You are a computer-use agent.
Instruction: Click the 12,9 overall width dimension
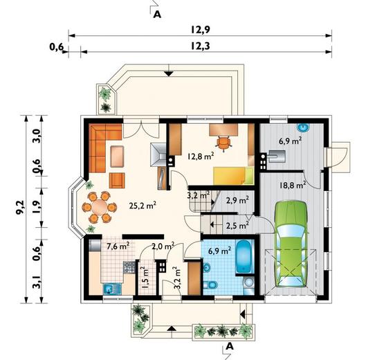click(x=200, y=30)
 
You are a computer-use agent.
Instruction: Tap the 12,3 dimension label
click(x=200, y=46)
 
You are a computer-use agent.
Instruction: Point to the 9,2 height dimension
click(x=19, y=207)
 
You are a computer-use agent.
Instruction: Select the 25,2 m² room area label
click(x=143, y=206)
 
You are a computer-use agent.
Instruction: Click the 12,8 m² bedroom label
click(x=201, y=156)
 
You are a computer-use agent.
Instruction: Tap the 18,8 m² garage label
click(x=293, y=185)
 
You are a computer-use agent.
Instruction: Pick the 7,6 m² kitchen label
click(x=118, y=246)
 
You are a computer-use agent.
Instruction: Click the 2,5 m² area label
click(x=237, y=226)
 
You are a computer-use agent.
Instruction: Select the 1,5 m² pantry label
click(x=145, y=278)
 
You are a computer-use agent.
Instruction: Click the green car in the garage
click(x=291, y=244)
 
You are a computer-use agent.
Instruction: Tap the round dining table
click(x=100, y=207)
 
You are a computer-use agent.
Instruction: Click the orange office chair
click(x=223, y=143)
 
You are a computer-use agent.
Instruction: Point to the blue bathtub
click(x=244, y=256)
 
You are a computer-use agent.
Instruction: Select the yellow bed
click(x=233, y=176)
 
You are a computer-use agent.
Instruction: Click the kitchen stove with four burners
click(x=129, y=267)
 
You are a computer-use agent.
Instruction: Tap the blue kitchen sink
click(x=112, y=289)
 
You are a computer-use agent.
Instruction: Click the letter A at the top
click(x=158, y=15)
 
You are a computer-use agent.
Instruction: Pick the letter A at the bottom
click(x=230, y=346)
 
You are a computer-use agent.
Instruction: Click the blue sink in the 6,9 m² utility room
click(x=303, y=127)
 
